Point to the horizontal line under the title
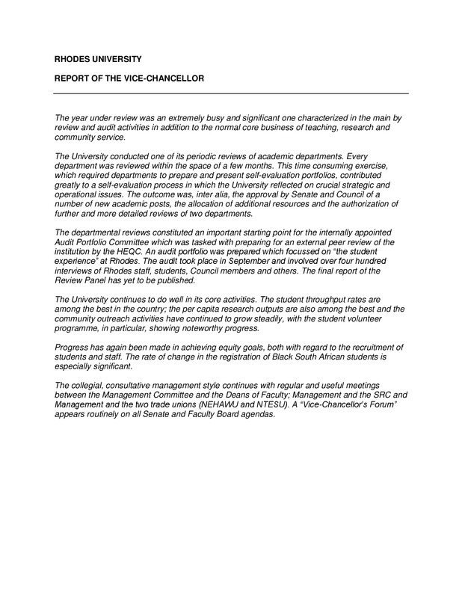pyautogui.click(x=231, y=93)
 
